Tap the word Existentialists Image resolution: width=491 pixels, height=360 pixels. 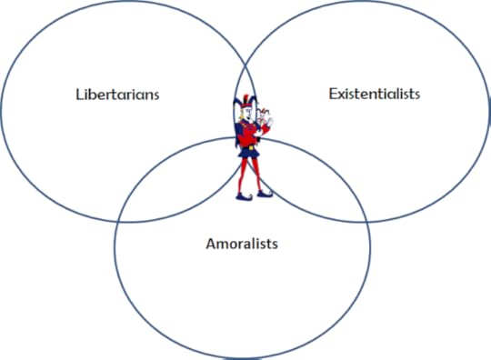pyautogui.click(x=374, y=94)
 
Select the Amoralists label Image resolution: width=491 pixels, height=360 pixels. pyautogui.click(x=241, y=244)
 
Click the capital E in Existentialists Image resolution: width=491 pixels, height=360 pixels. pyautogui.click(x=330, y=94)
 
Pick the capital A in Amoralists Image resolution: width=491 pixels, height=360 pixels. pyautogui.click(x=208, y=244)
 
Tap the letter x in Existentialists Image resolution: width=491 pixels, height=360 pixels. pyautogui.click(x=338, y=95)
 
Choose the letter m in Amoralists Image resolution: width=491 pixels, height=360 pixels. pyautogui.click(x=220, y=245)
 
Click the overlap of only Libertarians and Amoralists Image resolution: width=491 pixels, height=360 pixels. pyautogui.click(x=182, y=182)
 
